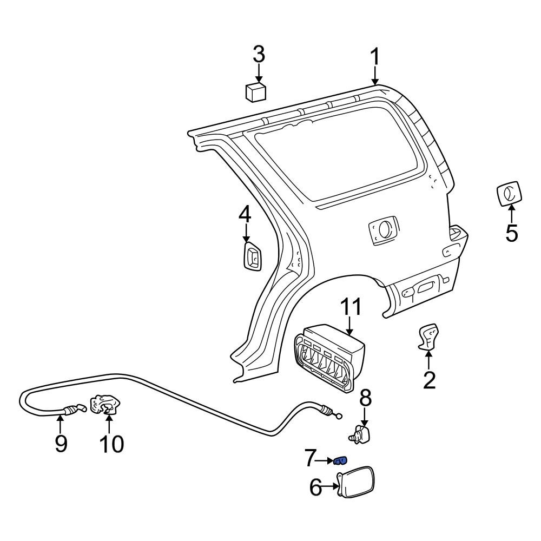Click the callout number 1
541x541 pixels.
click(x=374, y=57)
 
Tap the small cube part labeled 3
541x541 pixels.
click(x=256, y=91)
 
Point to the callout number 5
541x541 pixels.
click(x=511, y=233)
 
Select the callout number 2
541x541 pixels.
click(x=429, y=380)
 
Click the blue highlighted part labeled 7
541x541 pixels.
click(x=340, y=461)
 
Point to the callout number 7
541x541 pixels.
click(x=309, y=460)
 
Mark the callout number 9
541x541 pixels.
click(x=61, y=444)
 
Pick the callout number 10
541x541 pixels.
click(x=110, y=444)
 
